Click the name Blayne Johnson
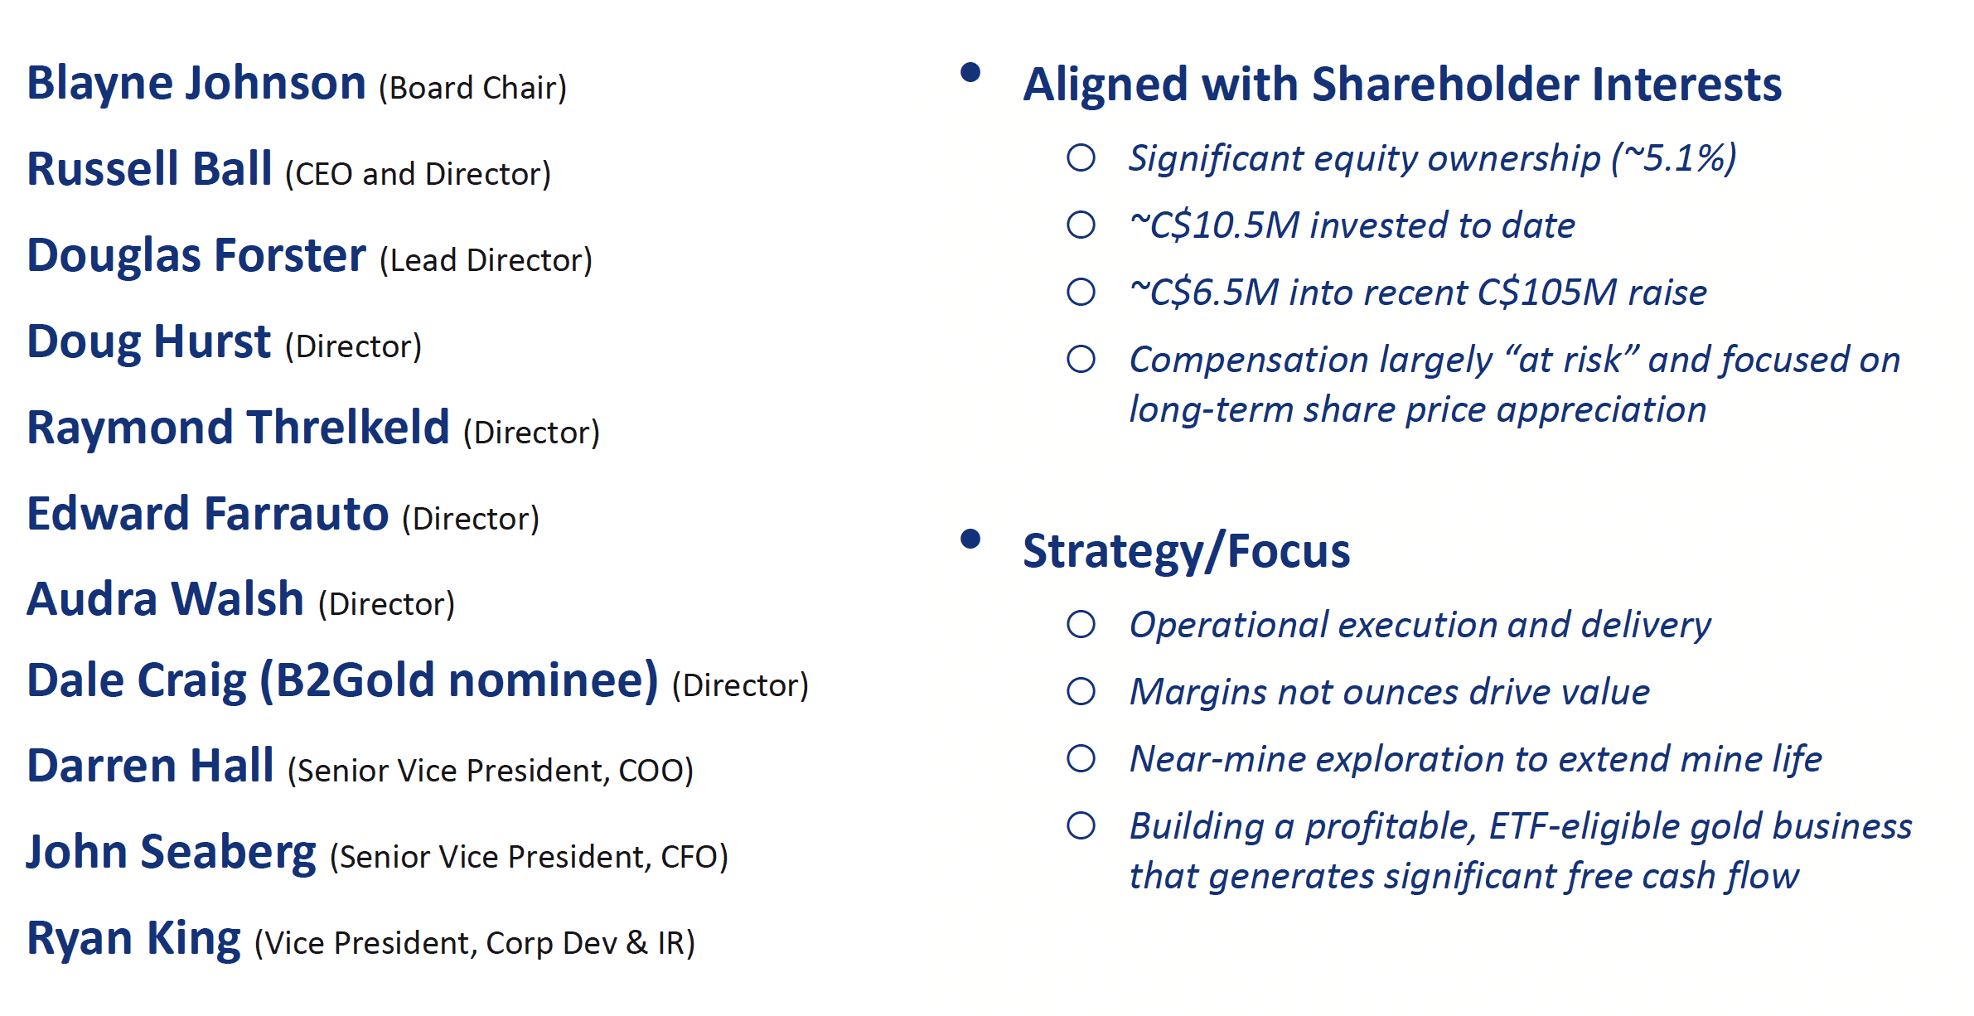pos(196,85)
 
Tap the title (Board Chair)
pos(472,88)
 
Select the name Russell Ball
pos(149,169)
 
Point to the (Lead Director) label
pos(486,260)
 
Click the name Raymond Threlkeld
pos(239,428)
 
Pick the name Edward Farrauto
pos(208,514)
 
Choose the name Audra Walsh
pos(166,599)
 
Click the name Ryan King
pos(134,940)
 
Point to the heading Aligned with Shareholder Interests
pos(1402,85)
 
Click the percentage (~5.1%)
pos(1673,158)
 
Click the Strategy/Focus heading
pos(1187,552)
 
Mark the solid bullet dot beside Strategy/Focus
pos(970,539)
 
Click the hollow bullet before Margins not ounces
pos(1081,691)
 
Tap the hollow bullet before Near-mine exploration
pos(1081,758)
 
